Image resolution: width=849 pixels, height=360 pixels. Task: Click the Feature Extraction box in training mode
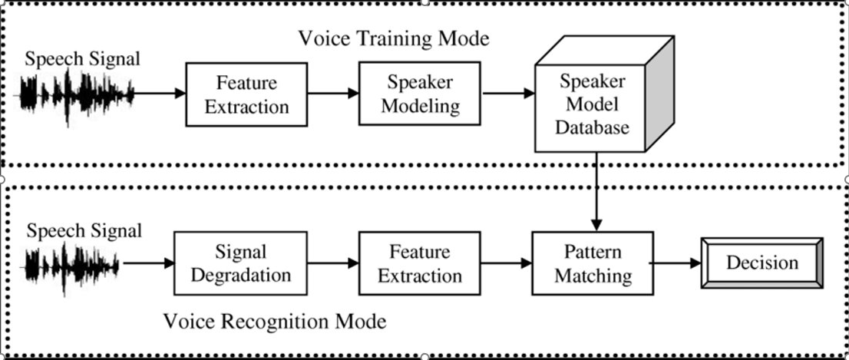coord(246,94)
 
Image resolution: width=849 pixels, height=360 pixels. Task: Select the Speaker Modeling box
coord(420,94)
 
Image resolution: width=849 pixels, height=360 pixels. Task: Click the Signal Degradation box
coord(241,263)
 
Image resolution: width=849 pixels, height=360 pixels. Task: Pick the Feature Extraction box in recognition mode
coord(420,263)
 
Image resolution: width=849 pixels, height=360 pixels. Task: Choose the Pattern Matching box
coord(592,263)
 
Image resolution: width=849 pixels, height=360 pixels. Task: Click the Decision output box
coord(761,263)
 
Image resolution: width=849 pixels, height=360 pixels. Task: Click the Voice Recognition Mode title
coord(274,320)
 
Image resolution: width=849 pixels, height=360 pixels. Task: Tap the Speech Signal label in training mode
coord(82,58)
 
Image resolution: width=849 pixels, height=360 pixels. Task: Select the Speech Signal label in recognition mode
coord(84,230)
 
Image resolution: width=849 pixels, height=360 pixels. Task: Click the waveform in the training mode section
coord(76,96)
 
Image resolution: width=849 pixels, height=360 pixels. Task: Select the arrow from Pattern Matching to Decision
coord(676,263)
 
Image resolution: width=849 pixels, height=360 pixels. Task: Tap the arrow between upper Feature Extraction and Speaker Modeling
coord(333,94)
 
